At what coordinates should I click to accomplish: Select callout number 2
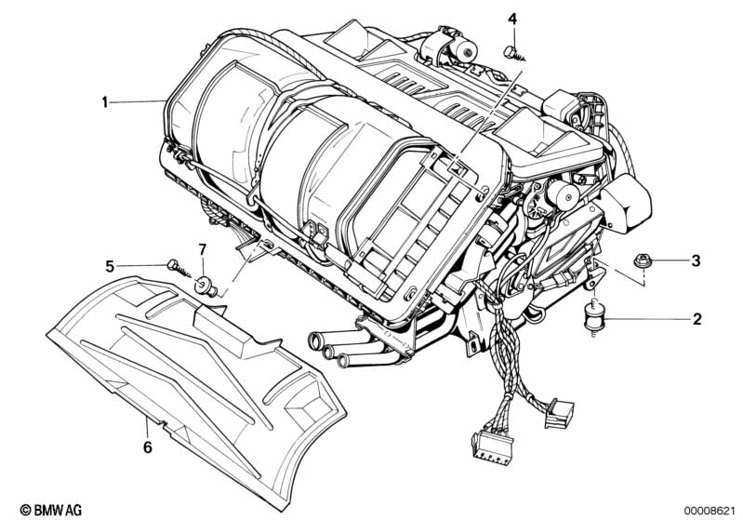[696, 319]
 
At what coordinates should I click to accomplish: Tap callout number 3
[695, 261]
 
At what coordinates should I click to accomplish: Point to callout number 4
[511, 19]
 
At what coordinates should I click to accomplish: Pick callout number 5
[109, 266]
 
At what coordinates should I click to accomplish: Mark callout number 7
[202, 248]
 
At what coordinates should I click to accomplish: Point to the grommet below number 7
[209, 287]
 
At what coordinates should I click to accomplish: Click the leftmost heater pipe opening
[314, 342]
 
